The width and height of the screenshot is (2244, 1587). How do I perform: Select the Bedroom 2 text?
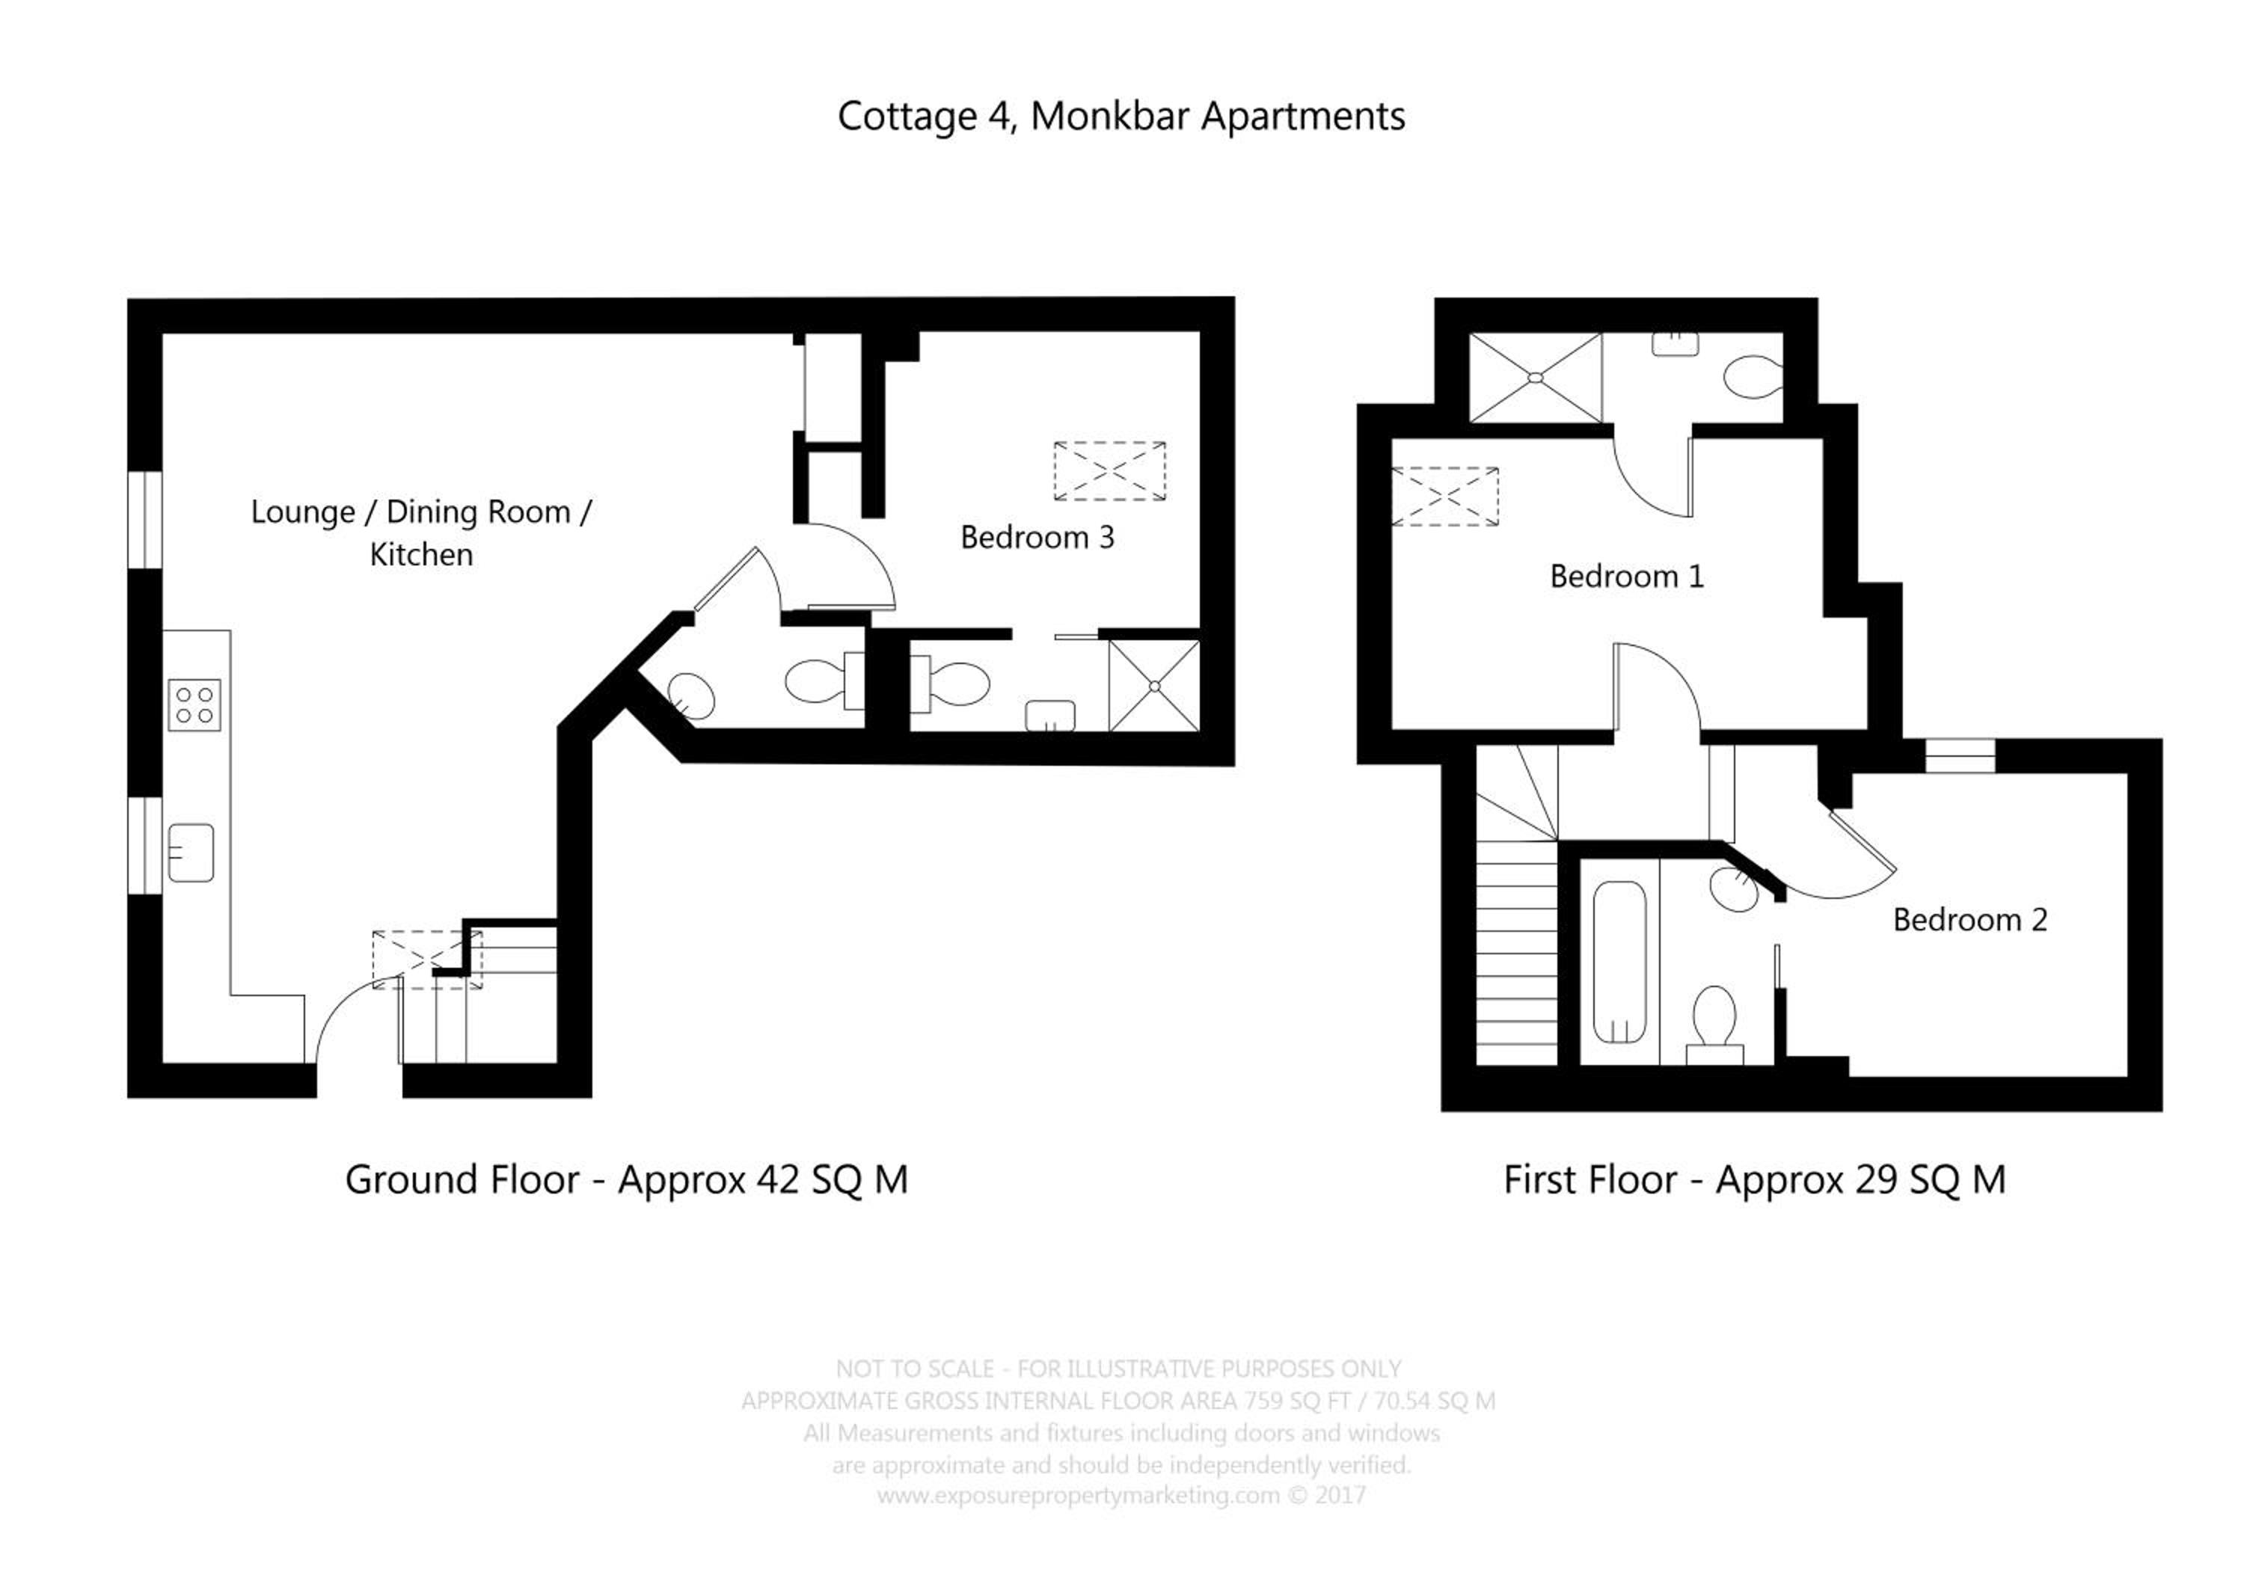pos(1969,920)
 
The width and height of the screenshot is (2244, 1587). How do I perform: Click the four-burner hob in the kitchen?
pos(195,705)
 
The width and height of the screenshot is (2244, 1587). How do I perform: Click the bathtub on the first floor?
pos(1619,963)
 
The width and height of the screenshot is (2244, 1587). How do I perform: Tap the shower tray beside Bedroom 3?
pos(1154,686)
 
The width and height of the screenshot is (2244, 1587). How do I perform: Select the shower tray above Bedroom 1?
pos(1536,378)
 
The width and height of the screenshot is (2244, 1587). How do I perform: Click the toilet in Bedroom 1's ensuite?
pos(1754,377)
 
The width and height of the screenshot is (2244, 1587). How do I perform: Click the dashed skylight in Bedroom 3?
pos(1109,472)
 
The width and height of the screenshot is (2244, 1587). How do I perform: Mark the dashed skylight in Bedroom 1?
pos(1444,497)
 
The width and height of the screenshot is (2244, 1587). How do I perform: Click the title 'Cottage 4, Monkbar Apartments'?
pos(1121,116)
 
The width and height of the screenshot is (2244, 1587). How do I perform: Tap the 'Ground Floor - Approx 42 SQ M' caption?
pos(627,1179)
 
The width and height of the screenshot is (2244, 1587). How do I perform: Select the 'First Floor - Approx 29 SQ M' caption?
pos(1754,1179)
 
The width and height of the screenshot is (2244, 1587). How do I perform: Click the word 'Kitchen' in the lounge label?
pos(421,555)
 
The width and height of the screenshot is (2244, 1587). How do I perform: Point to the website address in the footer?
pos(1078,1495)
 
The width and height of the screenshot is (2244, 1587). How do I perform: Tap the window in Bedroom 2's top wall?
pos(1960,756)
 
